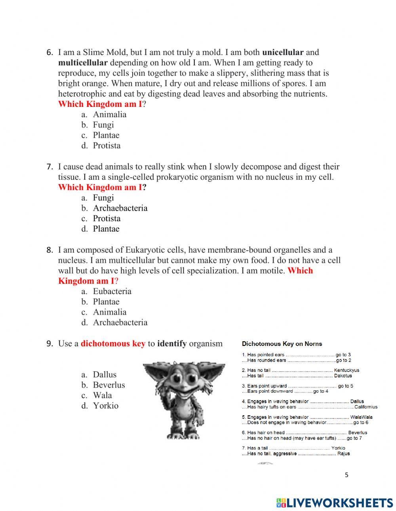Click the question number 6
49,53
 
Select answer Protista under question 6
107,146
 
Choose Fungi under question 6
103,125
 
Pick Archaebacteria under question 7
120,208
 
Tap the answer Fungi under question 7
103,198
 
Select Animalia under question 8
110,312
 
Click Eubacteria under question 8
112,291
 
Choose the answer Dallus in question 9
105,374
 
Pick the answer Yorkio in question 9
105,406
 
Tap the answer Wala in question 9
102,395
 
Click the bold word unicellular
283,52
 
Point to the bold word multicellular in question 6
83,63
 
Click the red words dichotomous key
113,344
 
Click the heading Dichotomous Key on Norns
282,344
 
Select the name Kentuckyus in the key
346,370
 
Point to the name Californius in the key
366,407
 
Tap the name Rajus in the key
343,454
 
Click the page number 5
346,475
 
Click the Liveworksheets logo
335,503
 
